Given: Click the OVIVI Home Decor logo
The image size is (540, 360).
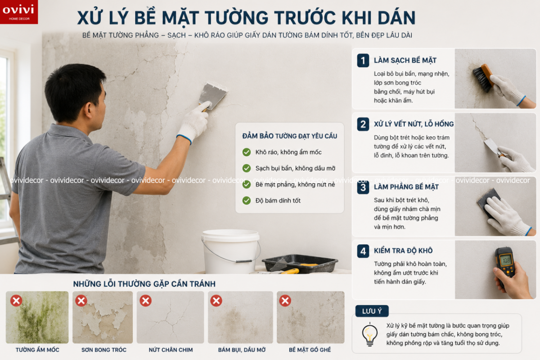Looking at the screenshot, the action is [19, 12].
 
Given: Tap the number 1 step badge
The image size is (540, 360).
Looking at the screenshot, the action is [363, 60].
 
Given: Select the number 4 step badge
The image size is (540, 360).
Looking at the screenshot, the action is [363, 251].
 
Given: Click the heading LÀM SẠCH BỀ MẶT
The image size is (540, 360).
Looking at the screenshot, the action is [405, 60].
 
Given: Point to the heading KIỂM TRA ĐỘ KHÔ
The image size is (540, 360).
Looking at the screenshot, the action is [403, 251].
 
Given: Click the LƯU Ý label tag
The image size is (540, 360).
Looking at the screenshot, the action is [372, 311].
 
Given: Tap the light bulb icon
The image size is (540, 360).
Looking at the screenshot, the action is [369, 334].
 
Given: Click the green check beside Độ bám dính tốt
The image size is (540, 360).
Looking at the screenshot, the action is [247, 200].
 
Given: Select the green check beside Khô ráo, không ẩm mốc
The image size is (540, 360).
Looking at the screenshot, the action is [247, 152].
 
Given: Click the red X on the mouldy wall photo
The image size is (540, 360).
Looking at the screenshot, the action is [16, 301].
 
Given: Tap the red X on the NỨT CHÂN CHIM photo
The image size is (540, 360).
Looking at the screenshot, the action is [146, 301].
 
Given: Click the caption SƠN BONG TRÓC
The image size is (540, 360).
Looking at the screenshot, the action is [104, 350].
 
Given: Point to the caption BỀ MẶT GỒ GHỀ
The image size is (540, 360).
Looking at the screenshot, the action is [310, 350].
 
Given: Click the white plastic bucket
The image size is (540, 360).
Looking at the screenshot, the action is [231, 251].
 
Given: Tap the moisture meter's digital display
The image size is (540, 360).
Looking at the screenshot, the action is [506, 261].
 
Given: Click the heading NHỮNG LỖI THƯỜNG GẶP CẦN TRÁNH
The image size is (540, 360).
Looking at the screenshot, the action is [144, 284].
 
